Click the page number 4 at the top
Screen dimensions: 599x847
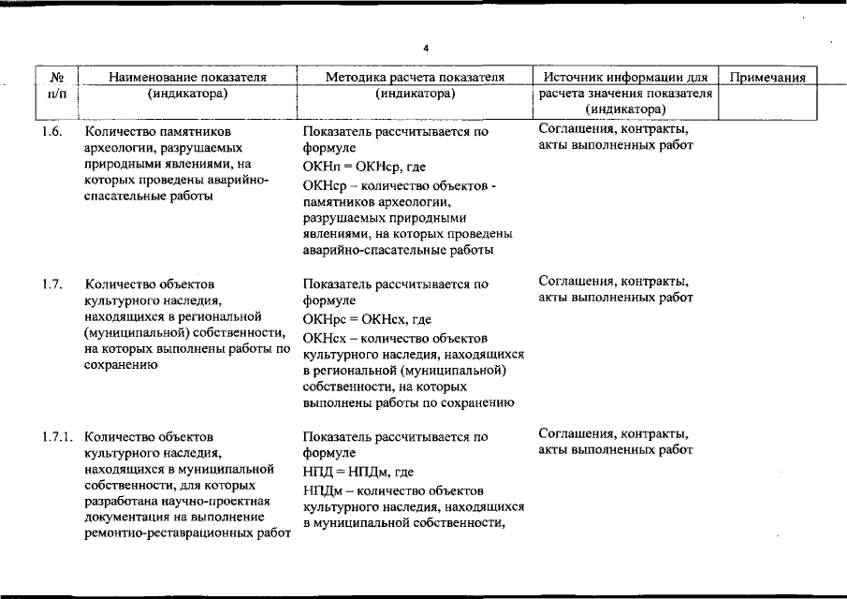click(424, 48)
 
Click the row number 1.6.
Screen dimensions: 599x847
click(52, 132)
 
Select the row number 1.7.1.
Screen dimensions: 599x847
click(57, 436)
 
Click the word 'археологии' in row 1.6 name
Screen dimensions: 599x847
click(114, 148)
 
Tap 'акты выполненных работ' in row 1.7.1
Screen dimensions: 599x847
click(616, 450)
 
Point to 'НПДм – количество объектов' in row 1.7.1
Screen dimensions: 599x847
click(393, 489)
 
